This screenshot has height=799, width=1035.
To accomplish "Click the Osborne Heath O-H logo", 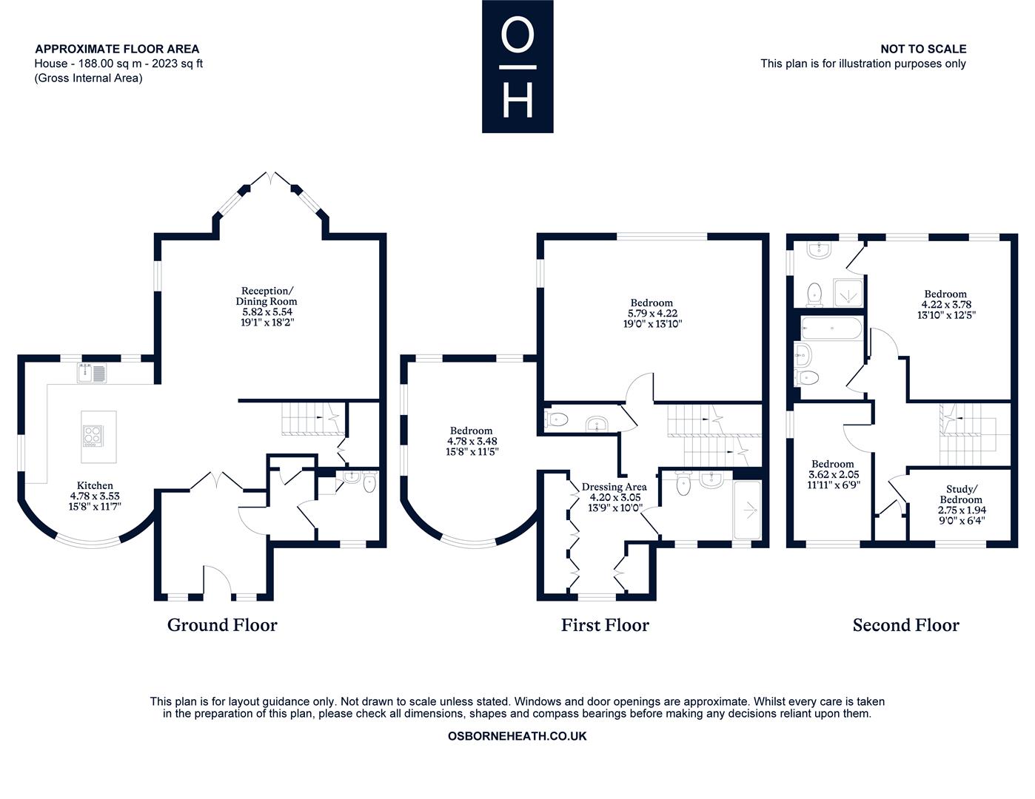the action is tap(517, 66).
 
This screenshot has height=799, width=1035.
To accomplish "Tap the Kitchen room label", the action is tap(96, 485).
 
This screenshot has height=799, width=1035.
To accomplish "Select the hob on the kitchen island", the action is tap(93, 436).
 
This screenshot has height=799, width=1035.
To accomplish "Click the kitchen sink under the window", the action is tap(92, 373).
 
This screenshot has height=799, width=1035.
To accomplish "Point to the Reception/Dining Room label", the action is tap(267, 295).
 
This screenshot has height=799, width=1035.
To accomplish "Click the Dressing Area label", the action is tap(614, 487).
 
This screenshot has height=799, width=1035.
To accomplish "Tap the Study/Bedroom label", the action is tap(961, 494).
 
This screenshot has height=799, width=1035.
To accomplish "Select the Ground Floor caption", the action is tap(222, 625).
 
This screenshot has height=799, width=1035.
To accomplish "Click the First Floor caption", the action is tap(605, 625).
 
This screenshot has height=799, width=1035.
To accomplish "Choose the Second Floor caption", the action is tap(906, 625).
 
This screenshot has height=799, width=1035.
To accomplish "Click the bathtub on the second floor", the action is tap(831, 328).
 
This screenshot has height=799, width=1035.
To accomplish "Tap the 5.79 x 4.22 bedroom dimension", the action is tap(652, 313).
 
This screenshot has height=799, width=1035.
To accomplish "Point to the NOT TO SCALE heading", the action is tap(923, 49).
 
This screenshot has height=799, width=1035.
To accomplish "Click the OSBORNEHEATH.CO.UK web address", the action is tap(517, 736).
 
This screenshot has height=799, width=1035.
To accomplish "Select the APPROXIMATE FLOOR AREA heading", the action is tap(117, 49).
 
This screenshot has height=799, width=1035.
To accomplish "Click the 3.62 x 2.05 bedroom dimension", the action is tap(834, 474).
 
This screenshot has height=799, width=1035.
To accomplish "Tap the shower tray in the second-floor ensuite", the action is tap(848, 293).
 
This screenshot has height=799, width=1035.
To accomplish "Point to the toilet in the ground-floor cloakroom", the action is tap(369, 482).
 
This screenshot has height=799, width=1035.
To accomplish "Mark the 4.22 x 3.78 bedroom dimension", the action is tap(946, 304).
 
